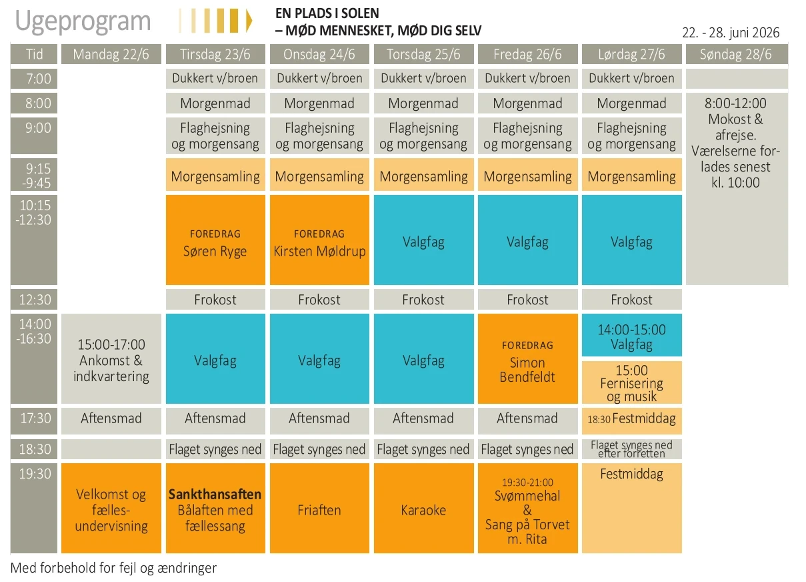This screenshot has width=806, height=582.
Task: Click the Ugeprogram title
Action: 83,21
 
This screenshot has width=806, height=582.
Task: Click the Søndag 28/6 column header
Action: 736,54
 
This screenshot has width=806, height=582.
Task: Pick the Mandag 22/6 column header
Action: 111,54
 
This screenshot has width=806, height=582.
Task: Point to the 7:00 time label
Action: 34,79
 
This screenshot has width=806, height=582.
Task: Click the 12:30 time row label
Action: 34,300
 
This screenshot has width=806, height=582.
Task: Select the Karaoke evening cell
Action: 423,509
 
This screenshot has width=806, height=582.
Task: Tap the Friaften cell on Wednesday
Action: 319,509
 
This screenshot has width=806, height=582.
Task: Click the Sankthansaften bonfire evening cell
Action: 215,509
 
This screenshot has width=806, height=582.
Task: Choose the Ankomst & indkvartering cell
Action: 111,360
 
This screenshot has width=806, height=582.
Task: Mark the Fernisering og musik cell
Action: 631,383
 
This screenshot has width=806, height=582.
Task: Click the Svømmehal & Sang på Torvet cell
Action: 527,509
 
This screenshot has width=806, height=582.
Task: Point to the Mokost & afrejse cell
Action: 736,143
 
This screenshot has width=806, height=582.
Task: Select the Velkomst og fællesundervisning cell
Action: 111,509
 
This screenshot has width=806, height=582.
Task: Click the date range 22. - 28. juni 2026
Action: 731,33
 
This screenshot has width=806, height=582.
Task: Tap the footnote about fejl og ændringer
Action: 114,568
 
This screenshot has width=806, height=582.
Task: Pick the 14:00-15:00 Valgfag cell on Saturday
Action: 631,336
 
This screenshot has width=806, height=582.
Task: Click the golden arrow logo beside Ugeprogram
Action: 215,21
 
